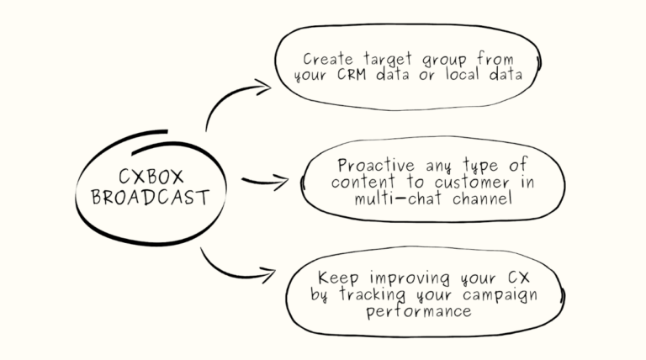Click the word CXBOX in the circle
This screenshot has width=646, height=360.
click(x=151, y=177)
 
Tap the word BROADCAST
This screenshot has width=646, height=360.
click(x=151, y=198)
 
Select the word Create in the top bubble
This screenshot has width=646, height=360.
click(x=328, y=59)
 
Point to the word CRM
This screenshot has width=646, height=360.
click(x=352, y=75)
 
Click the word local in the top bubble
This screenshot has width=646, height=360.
click(x=463, y=74)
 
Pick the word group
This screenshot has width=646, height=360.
click(x=444, y=61)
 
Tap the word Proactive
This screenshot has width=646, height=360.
click(x=376, y=165)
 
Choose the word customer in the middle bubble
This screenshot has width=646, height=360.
click(x=472, y=182)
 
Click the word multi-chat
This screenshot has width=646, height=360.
click(x=399, y=199)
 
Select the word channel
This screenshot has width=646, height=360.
click(x=482, y=199)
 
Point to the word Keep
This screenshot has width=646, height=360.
click(x=338, y=278)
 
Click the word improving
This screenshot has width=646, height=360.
click(x=409, y=279)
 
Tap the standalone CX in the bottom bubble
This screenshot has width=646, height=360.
click(x=518, y=278)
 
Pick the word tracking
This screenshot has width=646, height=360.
click(x=373, y=295)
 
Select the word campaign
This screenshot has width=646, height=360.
click(x=500, y=296)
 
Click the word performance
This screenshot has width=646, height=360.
click(x=419, y=311)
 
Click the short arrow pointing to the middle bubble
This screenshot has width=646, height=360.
click(x=266, y=181)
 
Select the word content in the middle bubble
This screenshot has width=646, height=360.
click(x=363, y=182)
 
